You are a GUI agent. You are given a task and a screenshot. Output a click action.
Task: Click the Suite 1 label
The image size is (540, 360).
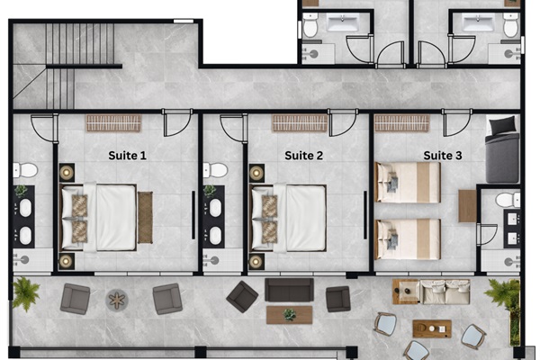click(127, 155)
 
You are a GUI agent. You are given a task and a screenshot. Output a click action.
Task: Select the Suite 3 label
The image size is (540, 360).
click(443, 155)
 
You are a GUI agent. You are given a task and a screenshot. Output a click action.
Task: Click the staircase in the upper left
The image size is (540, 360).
click(82, 45)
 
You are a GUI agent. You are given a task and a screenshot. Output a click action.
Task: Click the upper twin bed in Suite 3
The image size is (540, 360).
click(408, 182)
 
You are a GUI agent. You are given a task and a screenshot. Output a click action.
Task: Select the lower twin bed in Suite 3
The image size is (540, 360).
click(408, 238)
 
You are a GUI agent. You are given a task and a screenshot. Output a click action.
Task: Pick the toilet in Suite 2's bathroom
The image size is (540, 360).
click(214, 170)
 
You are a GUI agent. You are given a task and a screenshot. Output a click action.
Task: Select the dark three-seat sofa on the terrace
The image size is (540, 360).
click(289, 291)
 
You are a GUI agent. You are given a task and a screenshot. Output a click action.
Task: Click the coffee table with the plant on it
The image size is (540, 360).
click(289, 315)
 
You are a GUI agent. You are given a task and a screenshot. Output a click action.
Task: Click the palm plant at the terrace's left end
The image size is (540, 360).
click(25, 292)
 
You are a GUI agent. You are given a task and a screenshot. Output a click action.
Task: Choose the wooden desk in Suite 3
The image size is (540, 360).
click(468, 206)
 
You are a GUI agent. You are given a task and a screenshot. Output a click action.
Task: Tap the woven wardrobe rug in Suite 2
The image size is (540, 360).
click(299, 123)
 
